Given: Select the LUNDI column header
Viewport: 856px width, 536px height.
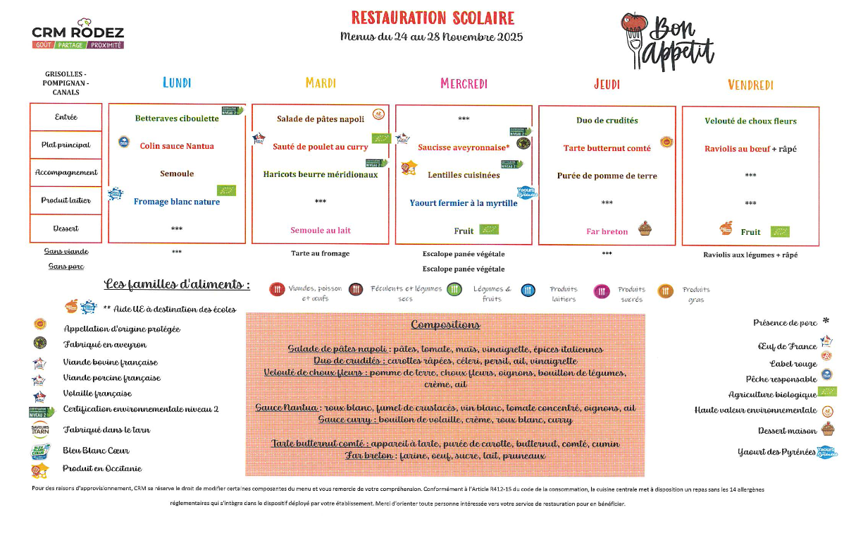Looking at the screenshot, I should coord(177,83).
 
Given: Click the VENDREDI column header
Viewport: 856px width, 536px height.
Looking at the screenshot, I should coord(750,85).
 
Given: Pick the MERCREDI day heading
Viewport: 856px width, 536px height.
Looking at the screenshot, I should coord(464,84).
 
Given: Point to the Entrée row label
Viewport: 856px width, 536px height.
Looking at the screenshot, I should coord(66,117).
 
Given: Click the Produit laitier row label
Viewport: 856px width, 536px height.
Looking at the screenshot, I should coord(66,200).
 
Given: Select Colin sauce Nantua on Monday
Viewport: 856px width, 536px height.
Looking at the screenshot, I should coord(177,146).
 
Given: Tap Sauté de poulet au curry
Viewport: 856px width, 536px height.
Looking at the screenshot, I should coord(321,147).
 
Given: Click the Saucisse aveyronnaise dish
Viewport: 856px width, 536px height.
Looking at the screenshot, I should coord(463,147).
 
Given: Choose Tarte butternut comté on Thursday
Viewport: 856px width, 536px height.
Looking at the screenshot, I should coord(607,148).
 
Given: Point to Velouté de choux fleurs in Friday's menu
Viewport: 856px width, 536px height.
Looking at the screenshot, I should coord(750,121).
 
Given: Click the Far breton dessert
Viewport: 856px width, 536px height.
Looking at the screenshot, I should coord(607,231).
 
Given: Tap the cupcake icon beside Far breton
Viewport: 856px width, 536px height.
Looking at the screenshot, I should coord(644,229).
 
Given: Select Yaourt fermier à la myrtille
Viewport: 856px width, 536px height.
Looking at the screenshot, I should coord(464,203).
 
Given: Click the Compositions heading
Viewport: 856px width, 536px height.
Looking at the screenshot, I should coord(445,324).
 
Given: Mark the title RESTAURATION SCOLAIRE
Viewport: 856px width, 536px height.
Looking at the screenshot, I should coord(433,18).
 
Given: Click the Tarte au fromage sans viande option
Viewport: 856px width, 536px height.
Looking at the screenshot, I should coord(321,253).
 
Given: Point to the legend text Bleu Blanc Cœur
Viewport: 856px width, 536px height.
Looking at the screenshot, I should coord(96,450).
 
